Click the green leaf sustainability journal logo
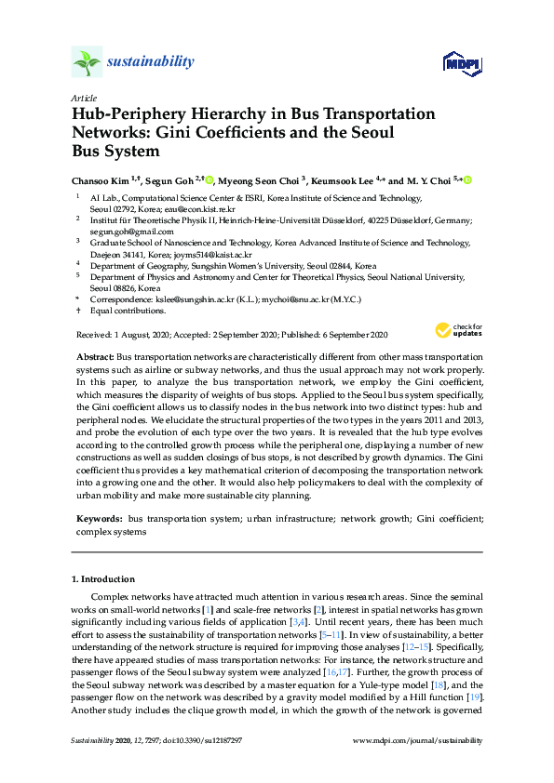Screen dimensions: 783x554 click(x=87, y=62)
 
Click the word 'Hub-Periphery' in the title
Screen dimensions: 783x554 click(x=129, y=113)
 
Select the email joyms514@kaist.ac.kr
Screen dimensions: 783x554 click(x=182, y=253)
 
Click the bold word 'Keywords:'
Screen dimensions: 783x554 click(x=98, y=516)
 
